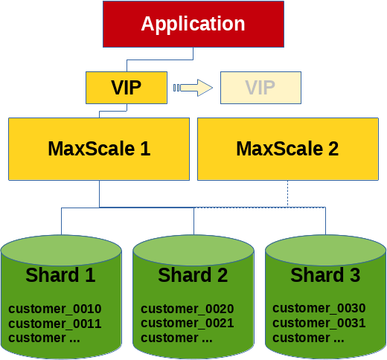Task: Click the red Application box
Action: pyautogui.click(x=193, y=24)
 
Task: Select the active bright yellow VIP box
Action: pyautogui.click(x=127, y=88)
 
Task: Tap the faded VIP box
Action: pyautogui.click(x=260, y=88)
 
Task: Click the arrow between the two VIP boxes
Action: pyautogui.click(x=193, y=88)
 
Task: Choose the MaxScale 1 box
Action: pyautogui.click(x=99, y=149)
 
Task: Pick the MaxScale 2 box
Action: pyautogui.click(x=288, y=149)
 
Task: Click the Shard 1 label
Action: pyautogui.click(x=60, y=275)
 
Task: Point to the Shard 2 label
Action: pyautogui.click(x=193, y=275)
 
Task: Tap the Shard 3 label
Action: pyautogui.click(x=325, y=275)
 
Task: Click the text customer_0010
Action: pyautogui.click(x=55, y=309)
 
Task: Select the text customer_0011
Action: pyautogui.click(x=55, y=324)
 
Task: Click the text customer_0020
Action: pyautogui.click(x=188, y=309)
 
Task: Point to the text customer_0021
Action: pyautogui.click(x=188, y=323)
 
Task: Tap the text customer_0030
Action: pyautogui.click(x=319, y=308)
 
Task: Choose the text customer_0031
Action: pyautogui.click(x=319, y=323)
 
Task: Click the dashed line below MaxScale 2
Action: pyautogui.click(x=288, y=193)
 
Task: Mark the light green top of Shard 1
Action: pyautogui.click(x=61, y=250)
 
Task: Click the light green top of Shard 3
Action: pyautogui.click(x=325, y=250)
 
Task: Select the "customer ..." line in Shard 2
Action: pyautogui.click(x=176, y=338)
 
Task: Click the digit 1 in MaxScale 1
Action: pyautogui.click(x=145, y=149)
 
